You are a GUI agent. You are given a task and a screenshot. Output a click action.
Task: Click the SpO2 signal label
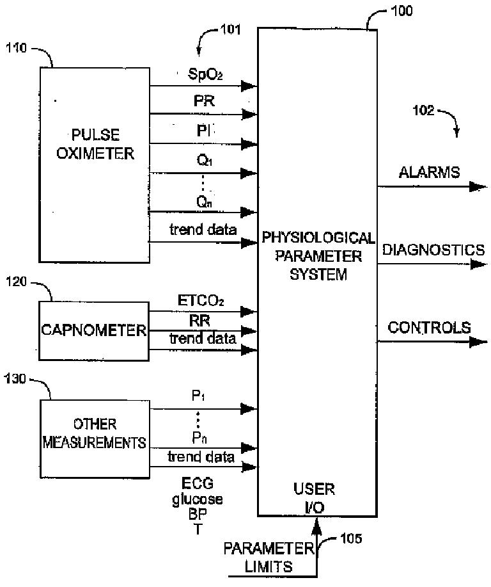[x=205, y=74]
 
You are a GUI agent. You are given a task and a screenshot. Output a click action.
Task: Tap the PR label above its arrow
[x=204, y=101]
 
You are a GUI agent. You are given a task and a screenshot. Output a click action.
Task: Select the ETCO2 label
[x=201, y=301]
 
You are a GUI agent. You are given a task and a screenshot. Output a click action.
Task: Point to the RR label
[x=199, y=321]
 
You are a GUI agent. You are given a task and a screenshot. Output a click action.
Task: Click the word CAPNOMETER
[x=94, y=330]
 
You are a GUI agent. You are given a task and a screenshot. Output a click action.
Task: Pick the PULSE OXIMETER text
[x=95, y=144]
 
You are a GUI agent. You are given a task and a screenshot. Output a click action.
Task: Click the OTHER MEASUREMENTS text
[x=94, y=433]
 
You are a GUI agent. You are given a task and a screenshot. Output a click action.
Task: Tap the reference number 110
[x=16, y=48]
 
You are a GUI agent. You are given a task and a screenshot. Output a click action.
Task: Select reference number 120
[x=16, y=282]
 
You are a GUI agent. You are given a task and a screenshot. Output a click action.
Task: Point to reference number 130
[x=15, y=379]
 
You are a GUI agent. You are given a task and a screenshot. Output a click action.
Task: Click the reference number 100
[x=401, y=10]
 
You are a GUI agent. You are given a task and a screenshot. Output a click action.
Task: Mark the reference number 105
[x=351, y=539]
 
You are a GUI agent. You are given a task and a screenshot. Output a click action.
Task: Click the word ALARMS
[x=429, y=172]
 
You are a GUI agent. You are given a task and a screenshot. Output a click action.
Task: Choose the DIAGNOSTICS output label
[x=433, y=250]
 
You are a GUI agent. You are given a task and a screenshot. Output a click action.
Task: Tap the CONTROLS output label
[x=429, y=328]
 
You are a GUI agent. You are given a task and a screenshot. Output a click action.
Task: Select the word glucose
[x=198, y=500]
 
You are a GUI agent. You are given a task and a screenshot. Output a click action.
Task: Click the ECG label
[x=198, y=483]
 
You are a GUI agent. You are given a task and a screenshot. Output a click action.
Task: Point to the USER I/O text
[x=314, y=498]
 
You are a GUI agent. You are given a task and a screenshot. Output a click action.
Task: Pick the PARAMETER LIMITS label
[x=269, y=558]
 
